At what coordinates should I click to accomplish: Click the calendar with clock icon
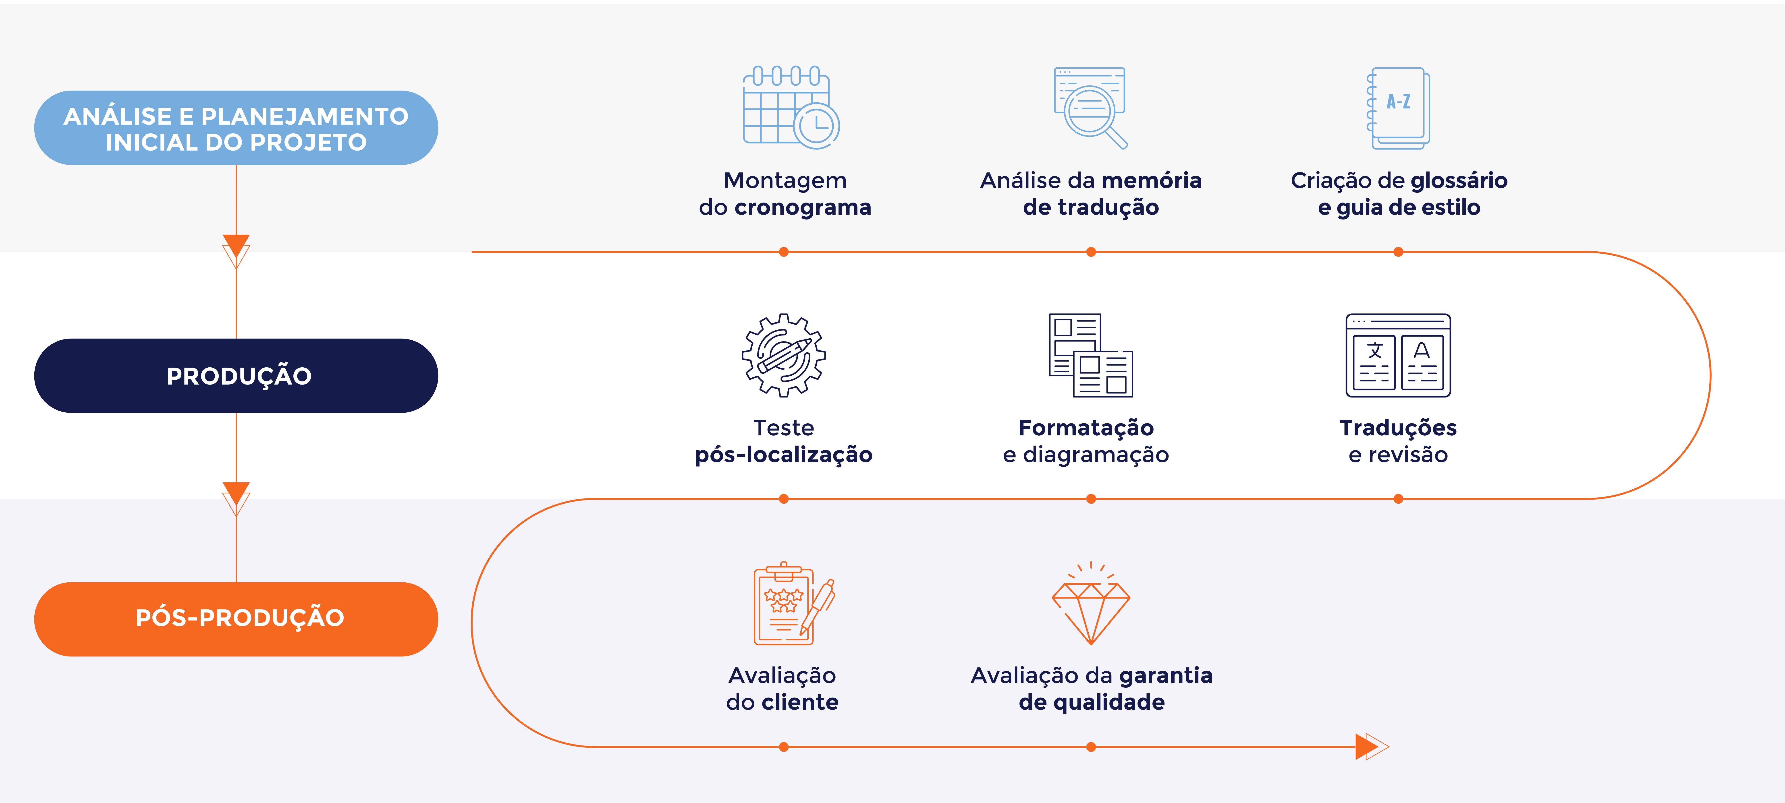pos(791,107)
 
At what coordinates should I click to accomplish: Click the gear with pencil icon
pos(784,355)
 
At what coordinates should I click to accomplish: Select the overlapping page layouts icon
pos(1091,355)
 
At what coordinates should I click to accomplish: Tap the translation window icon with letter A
pos(1398,355)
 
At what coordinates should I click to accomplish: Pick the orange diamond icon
pos(1091,603)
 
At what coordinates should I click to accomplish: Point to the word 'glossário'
pos(1459,180)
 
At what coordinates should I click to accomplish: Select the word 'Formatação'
pos(1086,427)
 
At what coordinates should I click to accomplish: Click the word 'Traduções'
pos(1398,427)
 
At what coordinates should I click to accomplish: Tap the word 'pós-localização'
pos(784,455)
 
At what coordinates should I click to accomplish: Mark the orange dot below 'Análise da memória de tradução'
pos(1091,252)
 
